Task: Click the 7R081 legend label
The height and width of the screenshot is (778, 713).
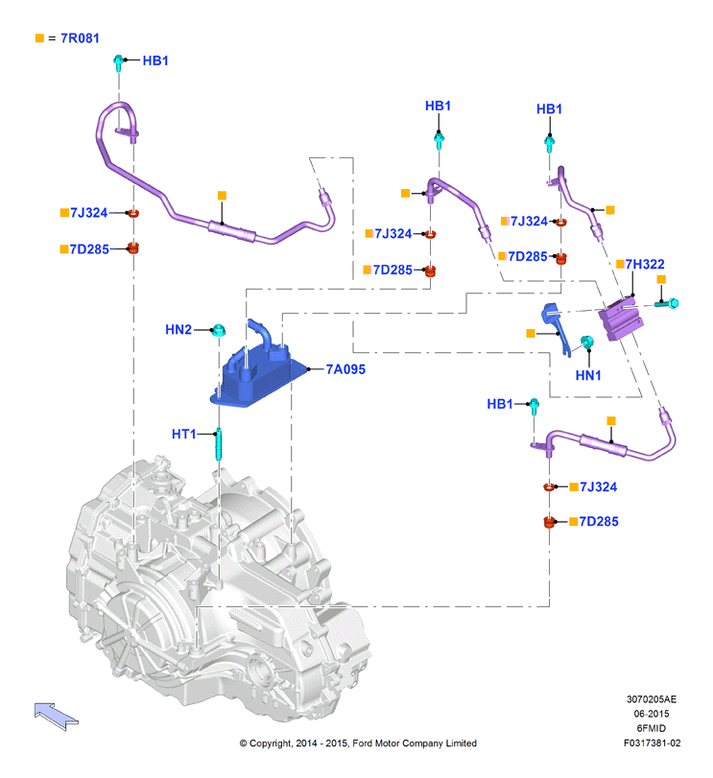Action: pyautogui.click(x=80, y=38)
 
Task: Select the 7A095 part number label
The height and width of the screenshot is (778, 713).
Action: pyautogui.click(x=345, y=369)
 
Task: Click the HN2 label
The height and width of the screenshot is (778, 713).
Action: pyautogui.click(x=178, y=329)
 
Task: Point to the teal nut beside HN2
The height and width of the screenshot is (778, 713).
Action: pyautogui.click(x=218, y=329)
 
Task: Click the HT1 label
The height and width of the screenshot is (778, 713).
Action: pyautogui.click(x=184, y=435)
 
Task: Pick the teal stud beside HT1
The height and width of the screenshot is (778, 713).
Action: pyautogui.click(x=219, y=444)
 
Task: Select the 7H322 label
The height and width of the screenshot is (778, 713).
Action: pyautogui.click(x=645, y=264)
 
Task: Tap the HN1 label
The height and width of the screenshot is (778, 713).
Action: pyautogui.click(x=588, y=375)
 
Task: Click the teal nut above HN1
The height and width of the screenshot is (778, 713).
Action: pyautogui.click(x=587, y=342)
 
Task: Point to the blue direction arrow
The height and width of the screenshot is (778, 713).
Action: pyautogui.click(x=56, y=716)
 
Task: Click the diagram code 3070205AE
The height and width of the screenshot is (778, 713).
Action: pyautogui.click(x=651, y=699)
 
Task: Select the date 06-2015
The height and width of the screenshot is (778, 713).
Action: pyautogui.click(x=651, y=714)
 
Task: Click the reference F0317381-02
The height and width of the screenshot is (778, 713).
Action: pyautogui.click(x=652, y=743)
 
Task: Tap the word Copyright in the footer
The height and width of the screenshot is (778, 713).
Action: pyautogui.click(x=271, y=743)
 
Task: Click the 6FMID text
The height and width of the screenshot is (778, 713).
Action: pyautogui.click(x=651, y=728)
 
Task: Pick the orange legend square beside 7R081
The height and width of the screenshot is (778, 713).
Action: pyautogui.click(x=39, y=38)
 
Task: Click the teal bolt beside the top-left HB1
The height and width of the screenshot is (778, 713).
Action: pyautogui.click(x=119, y=63)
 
